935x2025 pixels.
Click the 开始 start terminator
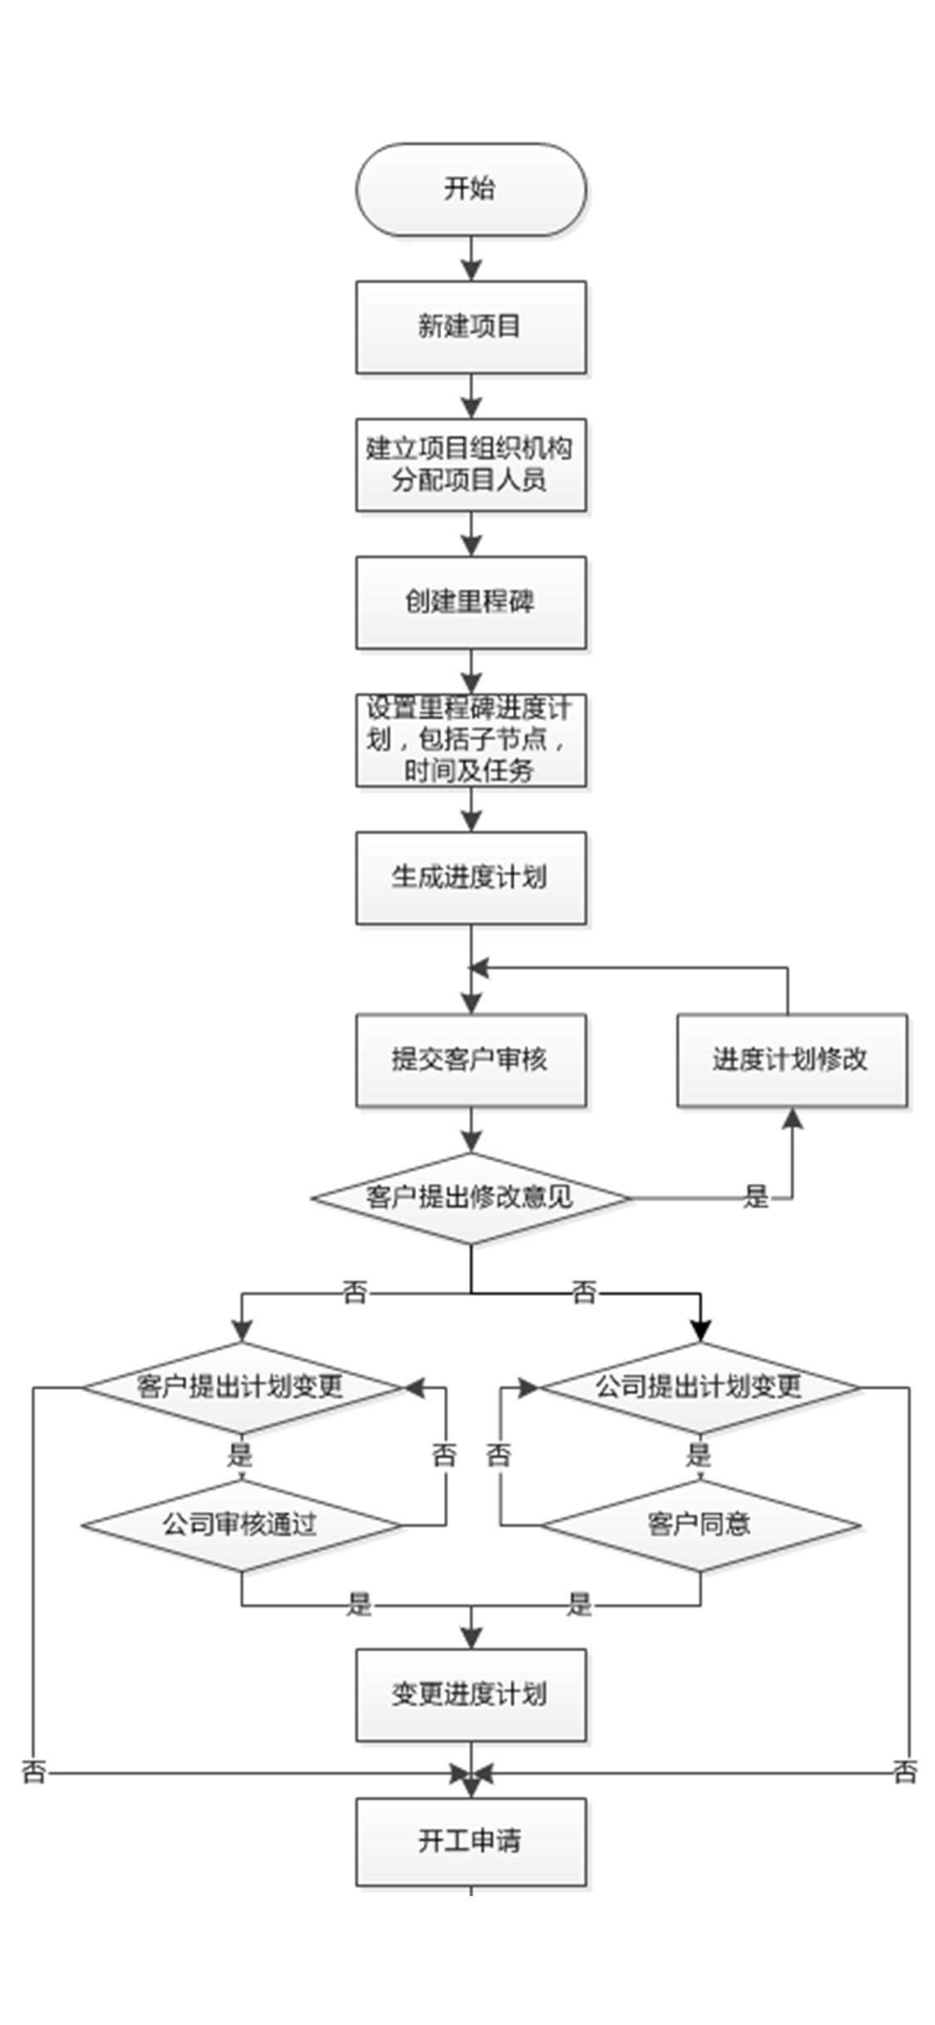(470, 190)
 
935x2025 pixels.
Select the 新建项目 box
(470, 327)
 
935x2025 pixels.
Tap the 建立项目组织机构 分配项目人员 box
(470, 465)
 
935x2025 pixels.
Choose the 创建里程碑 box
(470, 602)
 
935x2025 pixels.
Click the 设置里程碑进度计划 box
(470, 740)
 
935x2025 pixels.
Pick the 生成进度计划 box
(470, 878)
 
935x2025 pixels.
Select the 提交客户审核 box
(470, 1060)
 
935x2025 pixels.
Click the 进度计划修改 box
(791, 1060)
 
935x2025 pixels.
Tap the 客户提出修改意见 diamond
(470, 1198)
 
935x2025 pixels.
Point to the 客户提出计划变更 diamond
(241, 1387)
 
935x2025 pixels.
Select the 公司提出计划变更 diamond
(700, 1387)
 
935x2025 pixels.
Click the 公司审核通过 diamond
(241, 1525)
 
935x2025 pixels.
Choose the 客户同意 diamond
(700, 1525)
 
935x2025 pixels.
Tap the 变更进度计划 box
(470, 1694)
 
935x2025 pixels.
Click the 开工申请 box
(470, 1841)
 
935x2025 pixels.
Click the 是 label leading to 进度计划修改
(755, 1197)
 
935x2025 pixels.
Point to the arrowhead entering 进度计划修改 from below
(793, 1119)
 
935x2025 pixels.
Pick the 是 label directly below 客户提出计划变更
(240, 1455)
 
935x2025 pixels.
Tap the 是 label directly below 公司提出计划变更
(699, 1455)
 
